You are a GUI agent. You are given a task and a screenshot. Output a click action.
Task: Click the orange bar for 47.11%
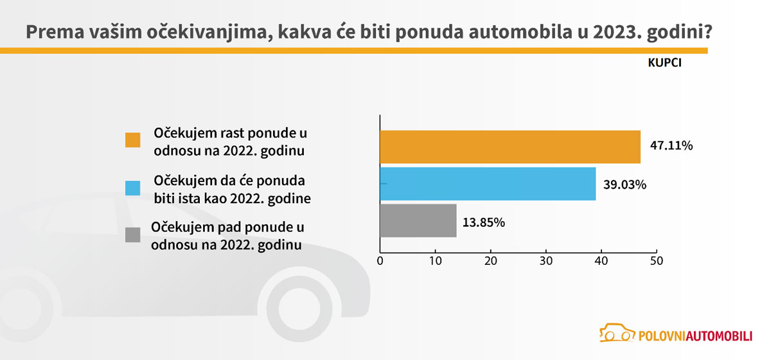tap(510, 147)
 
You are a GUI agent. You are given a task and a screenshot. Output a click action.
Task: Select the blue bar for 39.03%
tap(488, 184)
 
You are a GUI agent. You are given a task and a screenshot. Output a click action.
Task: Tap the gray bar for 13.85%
tap(418, 221)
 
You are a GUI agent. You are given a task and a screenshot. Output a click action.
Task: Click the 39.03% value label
tap(625, 184)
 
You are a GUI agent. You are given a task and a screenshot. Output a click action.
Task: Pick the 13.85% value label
tap(484, 222)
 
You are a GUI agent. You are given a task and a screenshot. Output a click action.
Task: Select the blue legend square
tap(133, 188)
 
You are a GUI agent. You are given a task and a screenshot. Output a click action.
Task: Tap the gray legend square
tap(133, 235)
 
